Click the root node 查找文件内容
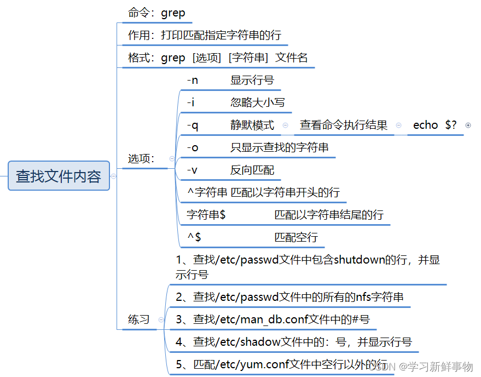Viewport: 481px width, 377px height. point(59,176)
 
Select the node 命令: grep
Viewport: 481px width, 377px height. point(157,13)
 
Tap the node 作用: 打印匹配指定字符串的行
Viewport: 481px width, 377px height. point(204,36)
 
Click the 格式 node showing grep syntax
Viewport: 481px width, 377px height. point(218,58)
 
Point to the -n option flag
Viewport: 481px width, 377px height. point(192,80)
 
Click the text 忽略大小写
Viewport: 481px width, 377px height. point(257,102)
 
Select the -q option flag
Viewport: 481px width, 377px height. point(192,125)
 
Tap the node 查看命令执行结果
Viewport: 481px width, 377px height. point(344,125)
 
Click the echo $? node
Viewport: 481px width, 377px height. point(434,125)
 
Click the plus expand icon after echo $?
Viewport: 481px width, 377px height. point(468,125)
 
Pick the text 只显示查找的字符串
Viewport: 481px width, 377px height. point(279,147)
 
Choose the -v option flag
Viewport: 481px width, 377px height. point(192,170)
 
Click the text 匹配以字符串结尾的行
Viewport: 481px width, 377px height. point(328,215)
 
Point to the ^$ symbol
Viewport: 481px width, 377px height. point(194,237)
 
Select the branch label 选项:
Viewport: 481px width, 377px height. point(141,158)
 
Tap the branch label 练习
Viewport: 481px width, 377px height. point(139,319)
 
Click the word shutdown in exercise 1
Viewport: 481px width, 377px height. point(361,260)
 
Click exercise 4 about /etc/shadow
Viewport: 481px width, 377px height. point(293,342)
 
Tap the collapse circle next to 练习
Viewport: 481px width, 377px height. point(160,319)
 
